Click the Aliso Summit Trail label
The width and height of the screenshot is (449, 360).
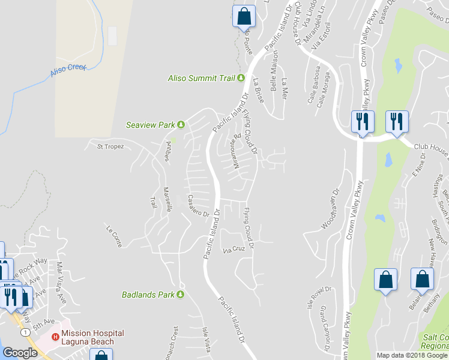coord(202,78)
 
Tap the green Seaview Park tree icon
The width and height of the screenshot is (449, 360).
coord(181,125)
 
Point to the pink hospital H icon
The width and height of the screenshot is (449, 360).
coord(56,337)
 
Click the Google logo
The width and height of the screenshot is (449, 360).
coord(20,353)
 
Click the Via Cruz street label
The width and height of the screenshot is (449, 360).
coord(234,248)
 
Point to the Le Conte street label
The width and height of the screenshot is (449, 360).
coord(114,236)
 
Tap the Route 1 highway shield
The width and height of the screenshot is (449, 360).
coord(24,331)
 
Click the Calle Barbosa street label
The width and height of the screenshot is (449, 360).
coord(313,89)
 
